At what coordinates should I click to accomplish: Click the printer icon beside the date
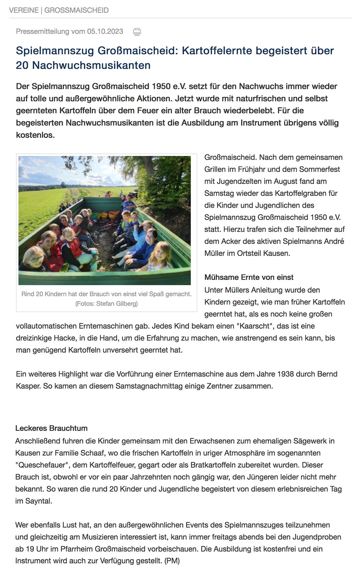(x=137, y=32)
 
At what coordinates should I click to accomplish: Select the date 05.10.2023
(x=105, y=31)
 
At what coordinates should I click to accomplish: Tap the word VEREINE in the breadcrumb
(x=24, y=10)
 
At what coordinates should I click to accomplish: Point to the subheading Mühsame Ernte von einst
(x=249, y=277)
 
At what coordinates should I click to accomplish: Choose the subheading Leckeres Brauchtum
(x=51, y=428)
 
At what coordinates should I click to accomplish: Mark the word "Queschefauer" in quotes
(x=42, y=465)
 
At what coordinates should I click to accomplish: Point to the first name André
(x=333, y=241)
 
